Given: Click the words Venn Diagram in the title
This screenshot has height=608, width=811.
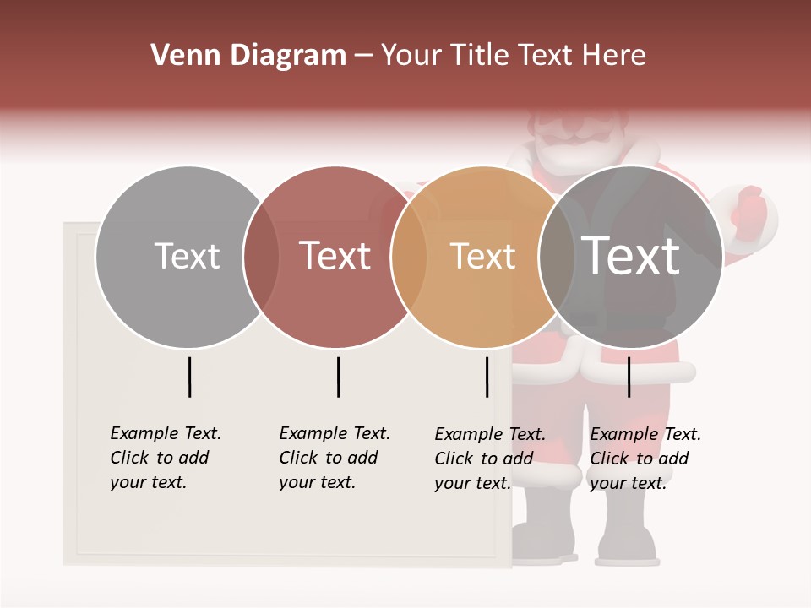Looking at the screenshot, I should point(248,56).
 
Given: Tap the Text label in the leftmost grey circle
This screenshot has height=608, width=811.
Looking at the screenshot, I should point(187,256).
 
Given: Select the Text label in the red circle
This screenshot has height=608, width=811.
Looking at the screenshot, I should point(335,256).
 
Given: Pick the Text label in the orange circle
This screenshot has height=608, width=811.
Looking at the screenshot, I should point(482,256).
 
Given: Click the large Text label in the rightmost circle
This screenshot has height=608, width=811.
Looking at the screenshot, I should point(631,256).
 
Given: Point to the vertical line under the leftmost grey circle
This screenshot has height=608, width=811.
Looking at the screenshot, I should point(190,377).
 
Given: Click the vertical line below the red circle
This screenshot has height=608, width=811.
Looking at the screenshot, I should point(338,377).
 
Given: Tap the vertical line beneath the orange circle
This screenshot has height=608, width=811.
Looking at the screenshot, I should point(487,377).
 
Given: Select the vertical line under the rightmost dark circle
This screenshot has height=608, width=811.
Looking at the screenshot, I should point(629,377).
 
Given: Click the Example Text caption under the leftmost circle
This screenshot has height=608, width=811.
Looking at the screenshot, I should point(166,458).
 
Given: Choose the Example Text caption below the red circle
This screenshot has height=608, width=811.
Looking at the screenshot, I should point(335,458).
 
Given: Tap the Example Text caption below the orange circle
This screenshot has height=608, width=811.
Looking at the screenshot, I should point(490,459).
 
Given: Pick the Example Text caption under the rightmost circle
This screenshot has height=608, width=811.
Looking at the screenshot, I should point(645,459).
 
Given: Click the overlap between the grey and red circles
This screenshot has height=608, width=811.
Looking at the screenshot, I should point(261,257).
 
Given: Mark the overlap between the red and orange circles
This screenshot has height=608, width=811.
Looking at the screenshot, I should point(409,257).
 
